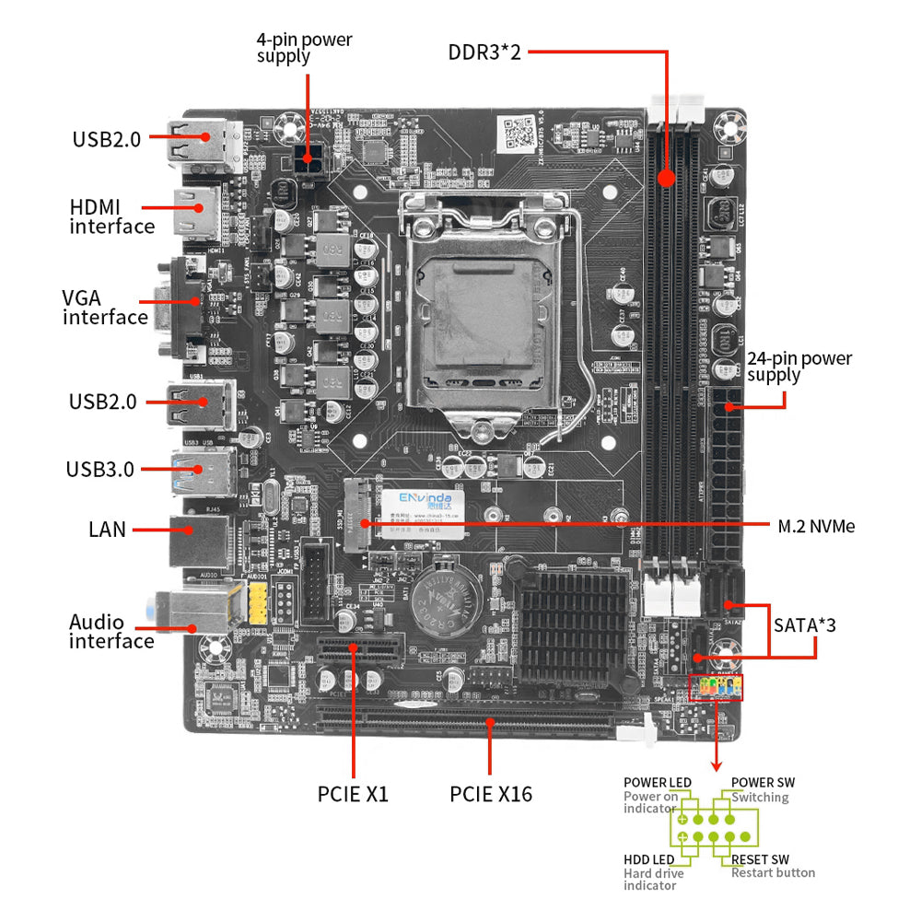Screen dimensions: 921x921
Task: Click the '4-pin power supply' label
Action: [x=304, y=48]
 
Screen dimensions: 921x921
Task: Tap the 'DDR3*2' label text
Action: [x=484, y=52]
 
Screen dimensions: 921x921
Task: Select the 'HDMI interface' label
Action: [x=111, y=216]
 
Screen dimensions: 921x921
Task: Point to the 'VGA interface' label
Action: [x=104, y=308]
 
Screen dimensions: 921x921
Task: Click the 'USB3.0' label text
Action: [x=99, y=469]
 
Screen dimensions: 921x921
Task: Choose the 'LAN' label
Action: [x=107, y=530]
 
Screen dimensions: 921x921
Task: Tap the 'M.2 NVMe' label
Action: [x=816, y=526]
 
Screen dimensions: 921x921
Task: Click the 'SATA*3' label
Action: [x=804, y=625]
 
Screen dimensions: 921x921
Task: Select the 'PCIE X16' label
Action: [x=491, y=793]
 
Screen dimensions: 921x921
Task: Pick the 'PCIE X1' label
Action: [x=353, y=793]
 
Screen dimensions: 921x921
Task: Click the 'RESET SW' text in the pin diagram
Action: [x=760, y=859]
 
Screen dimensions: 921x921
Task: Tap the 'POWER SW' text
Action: [x=763, y=783]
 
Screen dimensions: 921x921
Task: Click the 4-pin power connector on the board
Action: [x=307, y=163]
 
